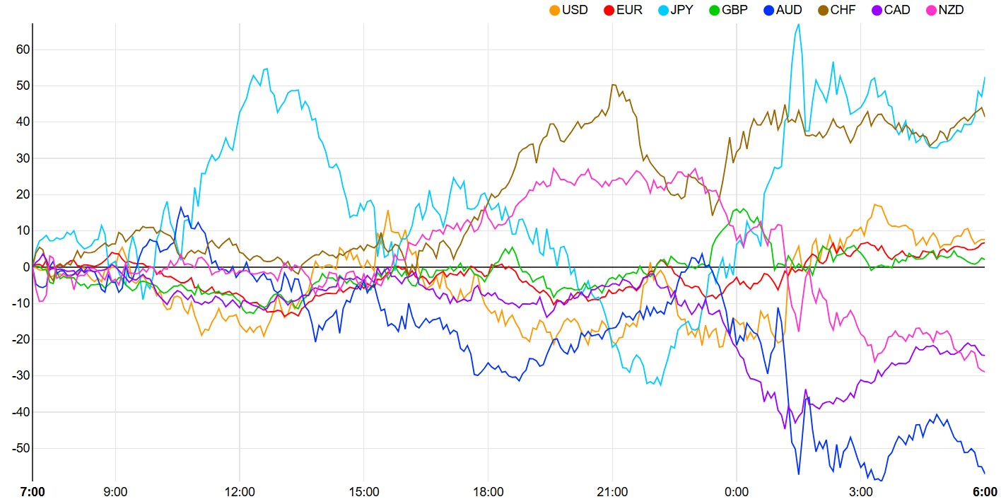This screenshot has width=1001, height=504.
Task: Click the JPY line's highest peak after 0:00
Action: coord(799,25)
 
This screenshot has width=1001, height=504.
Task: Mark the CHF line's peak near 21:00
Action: coord(613,85)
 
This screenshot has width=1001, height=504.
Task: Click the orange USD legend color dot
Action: coord(554,10)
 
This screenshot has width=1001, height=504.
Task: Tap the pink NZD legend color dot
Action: coord(932,10)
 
